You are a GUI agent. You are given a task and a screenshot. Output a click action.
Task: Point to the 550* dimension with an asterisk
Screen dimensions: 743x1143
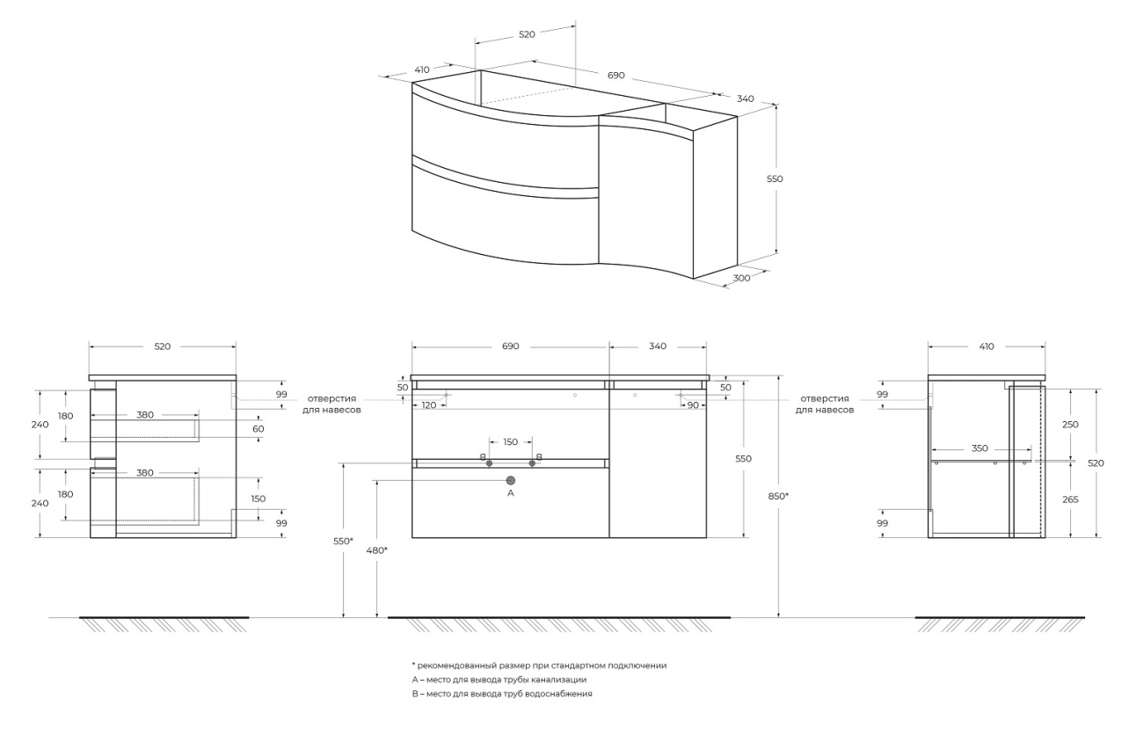click(x=344, y=541)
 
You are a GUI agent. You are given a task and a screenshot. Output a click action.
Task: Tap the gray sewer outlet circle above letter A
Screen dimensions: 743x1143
click(x=511, y=481)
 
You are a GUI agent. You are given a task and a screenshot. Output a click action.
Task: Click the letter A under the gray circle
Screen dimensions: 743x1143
click(x=511, y=494)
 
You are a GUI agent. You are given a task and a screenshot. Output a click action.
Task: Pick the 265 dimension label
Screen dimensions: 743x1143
click(x=1069, y=499)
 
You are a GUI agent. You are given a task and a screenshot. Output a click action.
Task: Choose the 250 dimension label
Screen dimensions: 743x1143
click(x=1069, y=425)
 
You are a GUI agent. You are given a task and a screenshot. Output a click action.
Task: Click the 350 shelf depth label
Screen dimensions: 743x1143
click(x=979, y=448)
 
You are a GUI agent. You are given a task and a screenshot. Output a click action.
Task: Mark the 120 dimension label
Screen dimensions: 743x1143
click(x=429, y=405)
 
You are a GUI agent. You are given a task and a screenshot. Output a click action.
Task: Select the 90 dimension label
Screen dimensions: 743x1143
click(x=694, y=405)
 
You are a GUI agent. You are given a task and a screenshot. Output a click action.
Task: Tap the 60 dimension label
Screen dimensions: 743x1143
click(x=258, y=429)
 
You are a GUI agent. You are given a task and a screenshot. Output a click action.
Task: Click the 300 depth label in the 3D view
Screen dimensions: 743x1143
click(x=741, y=277)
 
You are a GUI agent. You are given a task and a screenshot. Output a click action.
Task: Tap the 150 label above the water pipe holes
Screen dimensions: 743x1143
click(x=511, y=442)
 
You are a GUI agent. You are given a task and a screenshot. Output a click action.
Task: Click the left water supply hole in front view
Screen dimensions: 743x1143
click(x=490, y=463)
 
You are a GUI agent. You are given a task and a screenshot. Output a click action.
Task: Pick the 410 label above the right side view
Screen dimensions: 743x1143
click(x=986, y=346)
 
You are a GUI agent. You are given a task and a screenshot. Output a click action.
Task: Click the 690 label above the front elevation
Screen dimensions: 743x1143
click(x=511, y=346)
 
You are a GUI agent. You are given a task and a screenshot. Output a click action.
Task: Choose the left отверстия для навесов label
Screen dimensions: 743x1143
click(x=331, y=404)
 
